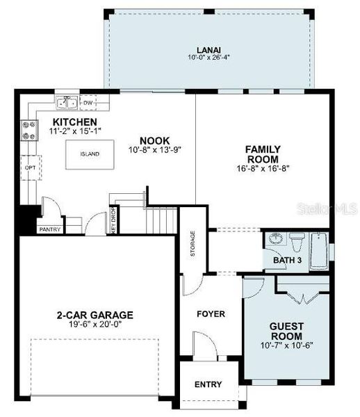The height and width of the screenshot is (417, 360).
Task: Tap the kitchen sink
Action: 67,104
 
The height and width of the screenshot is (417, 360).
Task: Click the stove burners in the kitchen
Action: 30,130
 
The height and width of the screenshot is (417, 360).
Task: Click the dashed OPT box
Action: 30,167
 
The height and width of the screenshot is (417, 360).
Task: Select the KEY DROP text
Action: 113,220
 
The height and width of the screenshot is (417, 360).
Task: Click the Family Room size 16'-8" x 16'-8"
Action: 262,167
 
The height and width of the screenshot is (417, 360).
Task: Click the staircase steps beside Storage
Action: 161,221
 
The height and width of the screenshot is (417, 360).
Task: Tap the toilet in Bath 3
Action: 297,243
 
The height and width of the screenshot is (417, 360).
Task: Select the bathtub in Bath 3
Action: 319,251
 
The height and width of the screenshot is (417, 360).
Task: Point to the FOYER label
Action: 211,314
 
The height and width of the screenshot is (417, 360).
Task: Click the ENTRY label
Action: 208,384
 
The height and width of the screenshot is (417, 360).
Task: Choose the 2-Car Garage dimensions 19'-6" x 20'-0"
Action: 95,325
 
